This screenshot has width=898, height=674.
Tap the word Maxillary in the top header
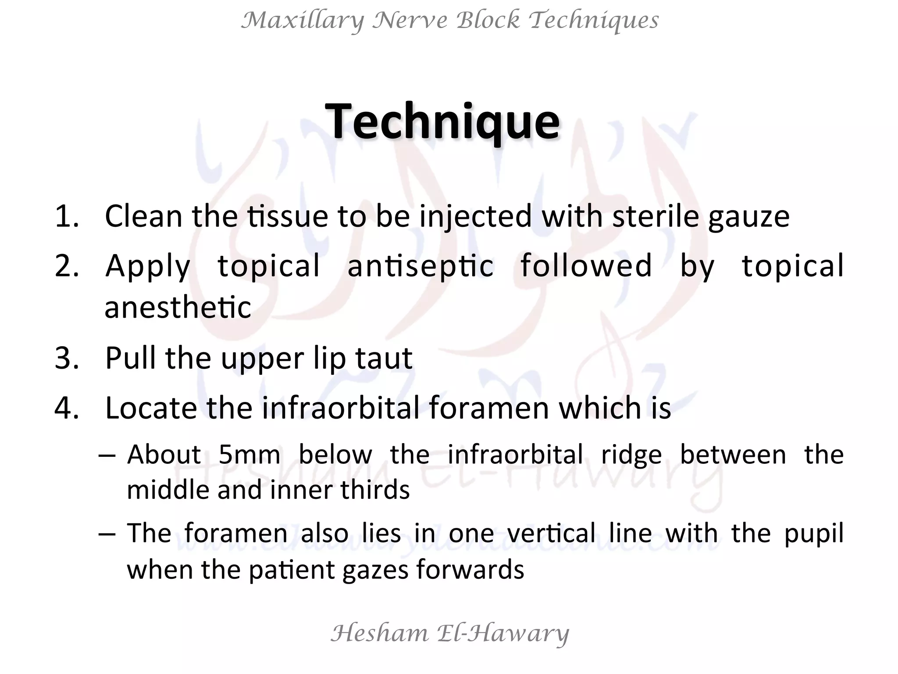[x=303, y=21]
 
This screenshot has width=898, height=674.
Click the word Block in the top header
[x=488, y=20]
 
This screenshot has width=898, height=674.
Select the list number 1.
[x=66, y=216]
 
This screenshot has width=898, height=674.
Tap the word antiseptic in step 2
[x=420, y=266]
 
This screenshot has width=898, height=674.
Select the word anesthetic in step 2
[x=178, y=307]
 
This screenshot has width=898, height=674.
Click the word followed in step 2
[x=586, y=265]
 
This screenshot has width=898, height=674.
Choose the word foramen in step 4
[x=489, y=408]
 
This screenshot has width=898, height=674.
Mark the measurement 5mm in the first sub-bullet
[x=249, y=455]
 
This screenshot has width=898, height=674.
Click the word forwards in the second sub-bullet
[x=470, y=570]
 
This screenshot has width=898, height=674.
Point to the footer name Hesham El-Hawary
[x=449, y=633]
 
